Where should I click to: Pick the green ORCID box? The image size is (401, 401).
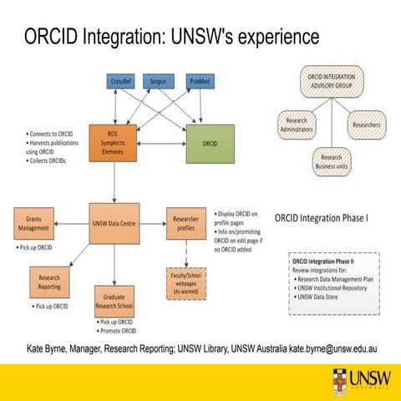[211, 142]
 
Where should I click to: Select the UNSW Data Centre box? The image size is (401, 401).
[114, 223]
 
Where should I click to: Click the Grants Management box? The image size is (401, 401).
[34, 223]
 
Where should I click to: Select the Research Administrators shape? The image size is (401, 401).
[290, 125]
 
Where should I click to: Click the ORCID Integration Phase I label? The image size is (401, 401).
[322, 220]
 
